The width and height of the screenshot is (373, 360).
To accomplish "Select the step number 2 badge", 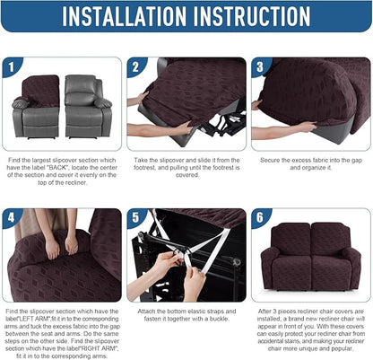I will (135, 66).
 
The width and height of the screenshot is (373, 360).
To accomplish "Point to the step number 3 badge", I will (259, 66).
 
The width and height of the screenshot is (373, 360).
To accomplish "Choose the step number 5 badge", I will (135, 217).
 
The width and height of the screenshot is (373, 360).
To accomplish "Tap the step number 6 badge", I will (259, 217).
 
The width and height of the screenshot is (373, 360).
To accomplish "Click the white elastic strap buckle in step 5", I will (183, 259).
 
